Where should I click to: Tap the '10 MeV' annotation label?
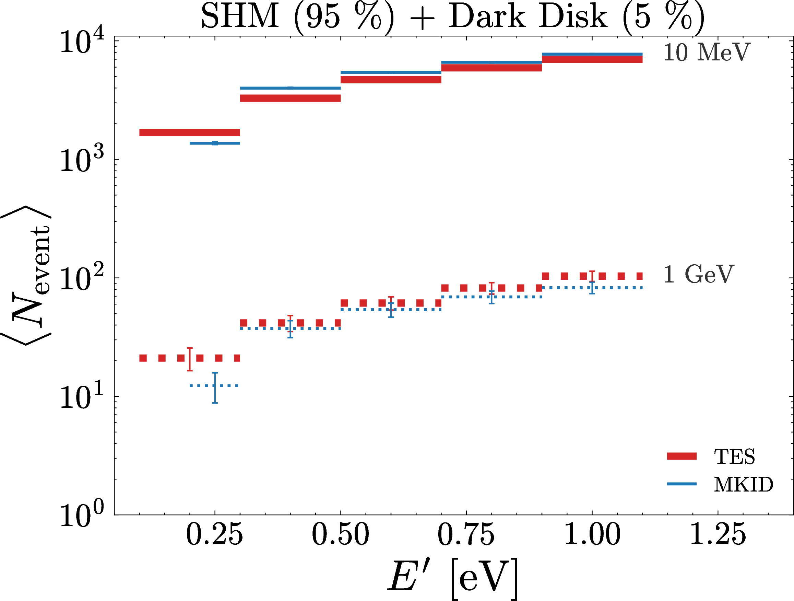707,53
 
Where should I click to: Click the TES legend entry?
711,456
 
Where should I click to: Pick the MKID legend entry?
720,484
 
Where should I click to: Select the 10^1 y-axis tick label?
82,396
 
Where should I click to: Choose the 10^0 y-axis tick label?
82,515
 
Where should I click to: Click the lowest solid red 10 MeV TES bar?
190,132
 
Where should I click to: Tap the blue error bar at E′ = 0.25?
215,388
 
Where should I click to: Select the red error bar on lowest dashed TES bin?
190,359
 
